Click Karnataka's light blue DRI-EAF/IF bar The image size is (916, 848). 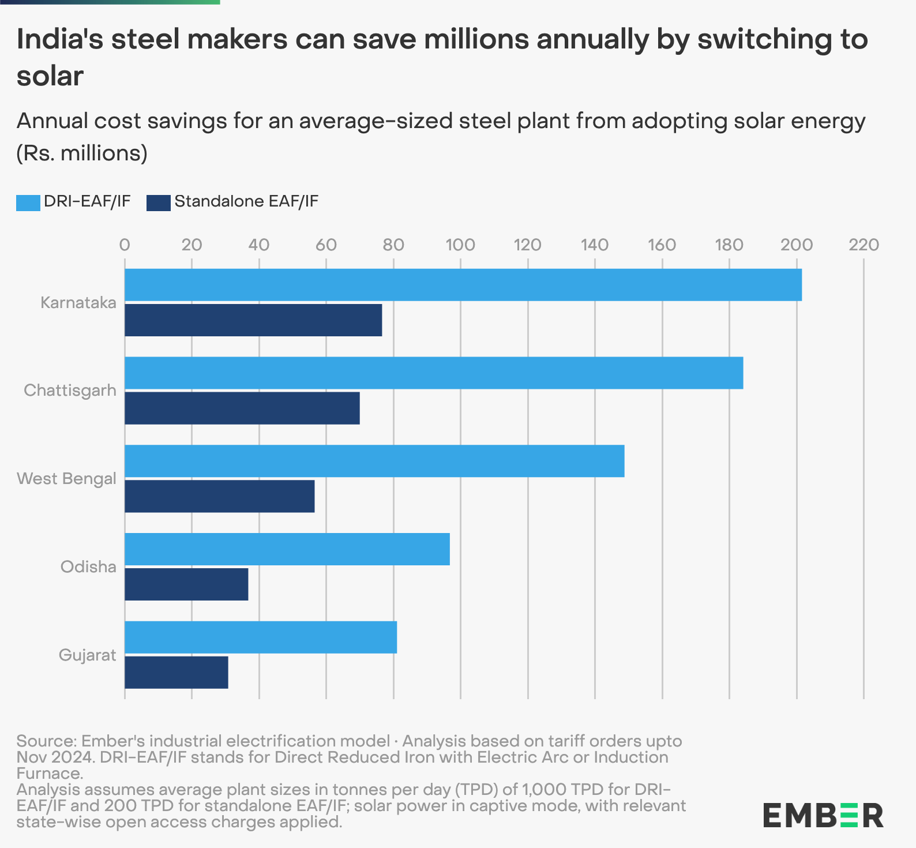tap(463, 285)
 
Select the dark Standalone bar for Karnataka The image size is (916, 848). tap(253, 320)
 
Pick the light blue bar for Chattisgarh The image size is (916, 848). tap(434, 373)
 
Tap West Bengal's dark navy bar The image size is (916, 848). tap(220, 496)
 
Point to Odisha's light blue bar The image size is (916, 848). tap(287, 549)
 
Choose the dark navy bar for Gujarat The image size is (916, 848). tap(177, 672)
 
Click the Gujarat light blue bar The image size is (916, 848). tap(261, 637)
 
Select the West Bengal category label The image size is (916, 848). tap(66, 479)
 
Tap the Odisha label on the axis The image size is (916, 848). tap(88, 567)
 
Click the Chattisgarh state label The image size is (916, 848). tap(70, 391)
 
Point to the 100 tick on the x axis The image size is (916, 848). tap(460, 245)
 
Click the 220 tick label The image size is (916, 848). tap(864, 245)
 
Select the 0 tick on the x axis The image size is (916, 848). tap(125, 245)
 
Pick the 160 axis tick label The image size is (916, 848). tap(662, 245)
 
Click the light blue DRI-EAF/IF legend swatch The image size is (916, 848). tap(28, 202)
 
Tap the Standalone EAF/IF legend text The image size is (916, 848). tap(246, 202)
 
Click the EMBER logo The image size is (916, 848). tap(823, 815)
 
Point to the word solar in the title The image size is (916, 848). tap(50, 76)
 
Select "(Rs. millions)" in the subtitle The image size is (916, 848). tap(82, 153)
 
